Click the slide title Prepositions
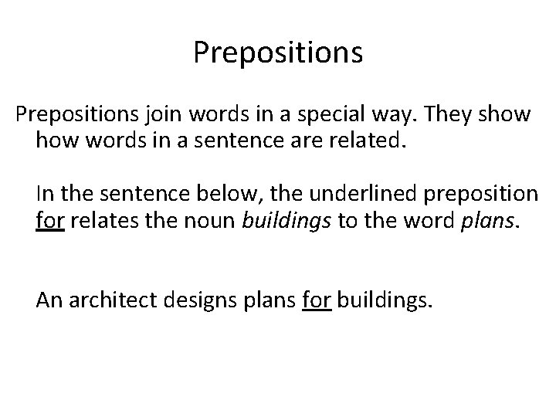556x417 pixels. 278,53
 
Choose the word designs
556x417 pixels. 203,300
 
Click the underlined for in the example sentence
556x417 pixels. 316,300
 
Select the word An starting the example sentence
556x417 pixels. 48,300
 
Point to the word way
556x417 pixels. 401,116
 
